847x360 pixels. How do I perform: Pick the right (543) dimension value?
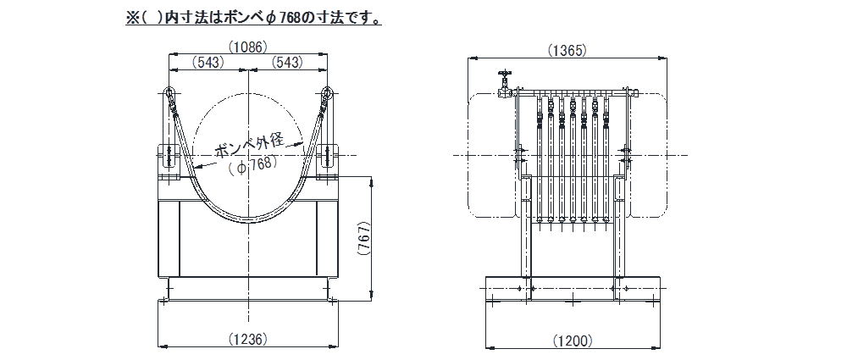click(289, 62)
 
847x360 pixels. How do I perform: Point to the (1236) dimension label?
click(248, 339)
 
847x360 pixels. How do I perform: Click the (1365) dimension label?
click(567, 51)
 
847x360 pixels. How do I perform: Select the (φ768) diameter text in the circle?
click(253, 166)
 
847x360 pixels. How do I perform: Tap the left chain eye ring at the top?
click(169, 94)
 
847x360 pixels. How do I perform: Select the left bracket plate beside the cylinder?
click(167, 161)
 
